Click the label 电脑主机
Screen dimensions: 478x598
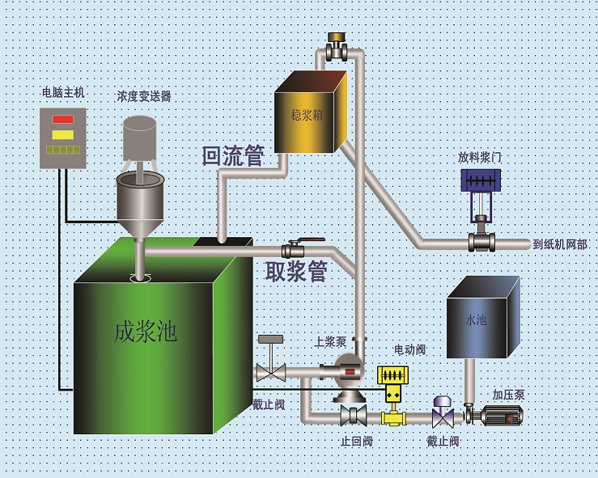(63, 92)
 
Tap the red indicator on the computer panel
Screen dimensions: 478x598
(63, 120)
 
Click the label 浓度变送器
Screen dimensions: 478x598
(144, 95)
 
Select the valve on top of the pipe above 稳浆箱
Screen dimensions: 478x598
(337, 46)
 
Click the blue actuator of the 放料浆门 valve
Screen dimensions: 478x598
(480, 180)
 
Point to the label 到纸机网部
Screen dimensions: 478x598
(560, 243)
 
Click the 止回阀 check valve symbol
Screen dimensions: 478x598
(354, 416)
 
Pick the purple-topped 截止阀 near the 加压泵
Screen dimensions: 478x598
(443, 413)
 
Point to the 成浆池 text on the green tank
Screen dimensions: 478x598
(145, 331)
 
